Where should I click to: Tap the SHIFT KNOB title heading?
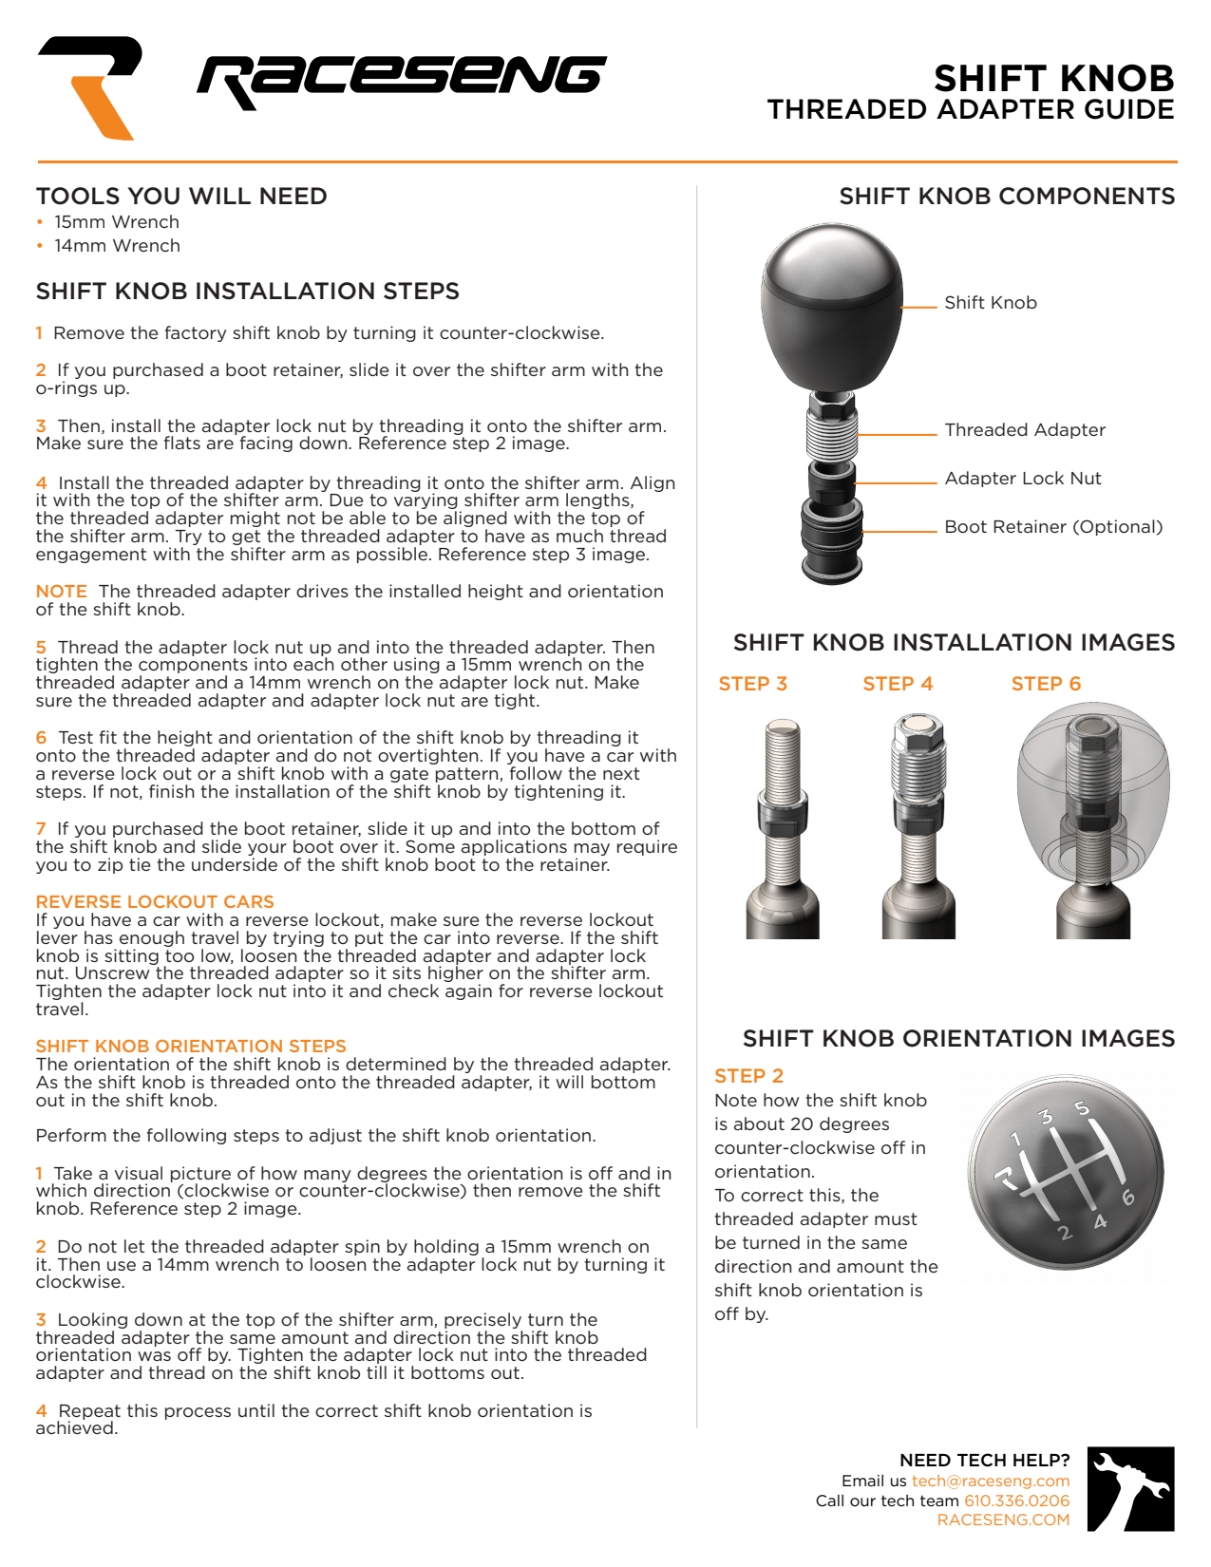[x=1053, y=79]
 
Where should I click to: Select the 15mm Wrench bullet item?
[x=116, y=222]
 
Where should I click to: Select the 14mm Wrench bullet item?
[x=116, y=246]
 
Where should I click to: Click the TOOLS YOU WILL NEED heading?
[x=181, y=197]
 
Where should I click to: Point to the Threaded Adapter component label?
[x=1025, y=430]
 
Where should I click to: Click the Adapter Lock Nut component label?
[x=1023, y=479]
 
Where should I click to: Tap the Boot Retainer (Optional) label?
[x=1053, y=527]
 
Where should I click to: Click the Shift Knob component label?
[x=990, y=303]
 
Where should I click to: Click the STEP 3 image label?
[x=752, y=684]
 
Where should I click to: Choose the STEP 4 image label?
[x=898, y=684]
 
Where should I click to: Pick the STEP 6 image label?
[x=1046, y=684]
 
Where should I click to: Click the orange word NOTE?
[x=61, y=592]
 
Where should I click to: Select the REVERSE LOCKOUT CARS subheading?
[x=155, y=902]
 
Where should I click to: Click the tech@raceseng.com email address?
[x=991, y=1482]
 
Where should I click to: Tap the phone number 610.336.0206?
[x=1016, y=1501]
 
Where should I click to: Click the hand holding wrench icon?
[x=1130, y=1489]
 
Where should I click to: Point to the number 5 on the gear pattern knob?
[x=1081, y=1108]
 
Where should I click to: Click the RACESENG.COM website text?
[x=1003, y=1520]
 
